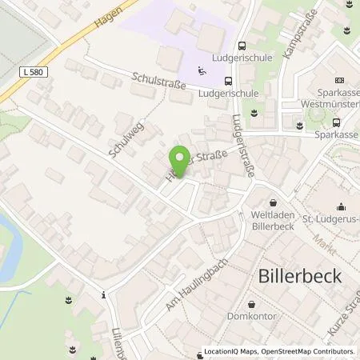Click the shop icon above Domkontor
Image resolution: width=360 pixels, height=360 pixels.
[253, 305]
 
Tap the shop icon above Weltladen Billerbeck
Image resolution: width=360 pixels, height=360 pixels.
[274, 203]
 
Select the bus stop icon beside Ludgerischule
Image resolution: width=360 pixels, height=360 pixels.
[230, 80]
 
